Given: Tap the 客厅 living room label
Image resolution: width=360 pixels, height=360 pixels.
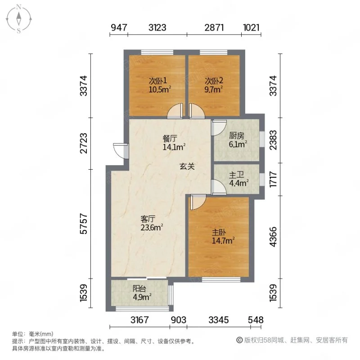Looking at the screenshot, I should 148,219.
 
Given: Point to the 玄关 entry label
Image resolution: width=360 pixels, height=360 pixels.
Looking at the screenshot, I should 187,166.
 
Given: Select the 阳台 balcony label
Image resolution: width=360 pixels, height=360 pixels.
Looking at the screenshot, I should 139,289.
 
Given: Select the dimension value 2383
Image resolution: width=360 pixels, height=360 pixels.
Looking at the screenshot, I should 274,139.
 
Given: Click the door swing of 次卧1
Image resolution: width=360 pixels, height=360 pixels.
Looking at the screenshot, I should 175,112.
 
